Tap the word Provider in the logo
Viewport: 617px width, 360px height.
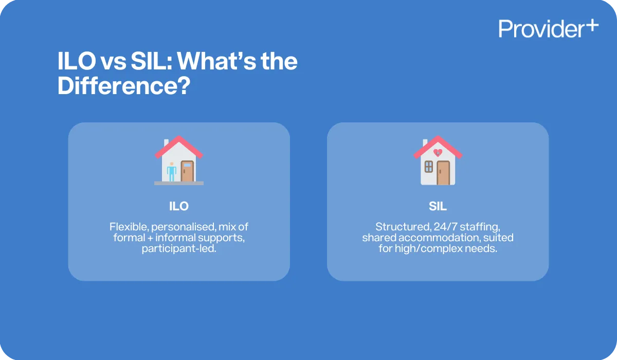(539, 29)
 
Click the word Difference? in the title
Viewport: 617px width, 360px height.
(121, 86)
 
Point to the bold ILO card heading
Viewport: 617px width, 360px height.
(179, 207)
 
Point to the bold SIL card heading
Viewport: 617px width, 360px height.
(438, 207)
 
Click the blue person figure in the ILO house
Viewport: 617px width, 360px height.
(172, 171)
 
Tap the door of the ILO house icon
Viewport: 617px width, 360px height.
(187, 171)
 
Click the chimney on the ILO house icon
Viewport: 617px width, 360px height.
(166, 142)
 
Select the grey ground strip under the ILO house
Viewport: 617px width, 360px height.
(179, 183)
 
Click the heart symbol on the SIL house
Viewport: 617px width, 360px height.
(438, 153)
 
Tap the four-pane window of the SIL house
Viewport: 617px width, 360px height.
(428, 166)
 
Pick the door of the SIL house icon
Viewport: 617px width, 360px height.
(443, 173)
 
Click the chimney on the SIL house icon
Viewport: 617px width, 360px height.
(425, 142)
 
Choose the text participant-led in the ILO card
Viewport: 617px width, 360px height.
(178, 249)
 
